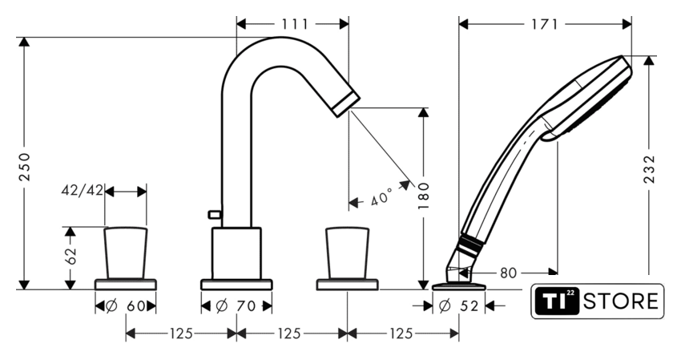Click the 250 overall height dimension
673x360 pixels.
[x=25, y=166]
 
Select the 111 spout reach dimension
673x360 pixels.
[x=295, y=24]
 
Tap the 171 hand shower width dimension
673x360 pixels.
[x=545, y=24]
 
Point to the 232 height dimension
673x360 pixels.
[x=650, y=169]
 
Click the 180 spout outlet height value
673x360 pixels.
[x=424, y=195]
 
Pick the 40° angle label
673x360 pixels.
[x=381, y=196]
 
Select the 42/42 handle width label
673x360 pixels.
[x=83, y=190]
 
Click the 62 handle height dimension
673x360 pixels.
[x=71, y=255]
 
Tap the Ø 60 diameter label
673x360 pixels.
[x=125, y=305]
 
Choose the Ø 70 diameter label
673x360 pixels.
[x=236, y=305]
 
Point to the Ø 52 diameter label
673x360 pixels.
[x=459, y=305]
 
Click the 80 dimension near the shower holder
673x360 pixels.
[x=509, y=273]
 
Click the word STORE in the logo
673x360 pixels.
[x=621, y=301]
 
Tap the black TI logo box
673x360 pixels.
[x=557, y=301]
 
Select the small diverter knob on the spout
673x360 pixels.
[x=214, y=214]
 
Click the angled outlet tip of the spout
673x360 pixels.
[x=346, y=103]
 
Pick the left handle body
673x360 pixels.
[x=126, y=253]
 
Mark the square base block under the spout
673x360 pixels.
[x=236, y=253]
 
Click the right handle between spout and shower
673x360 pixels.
[x=347, y=253]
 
